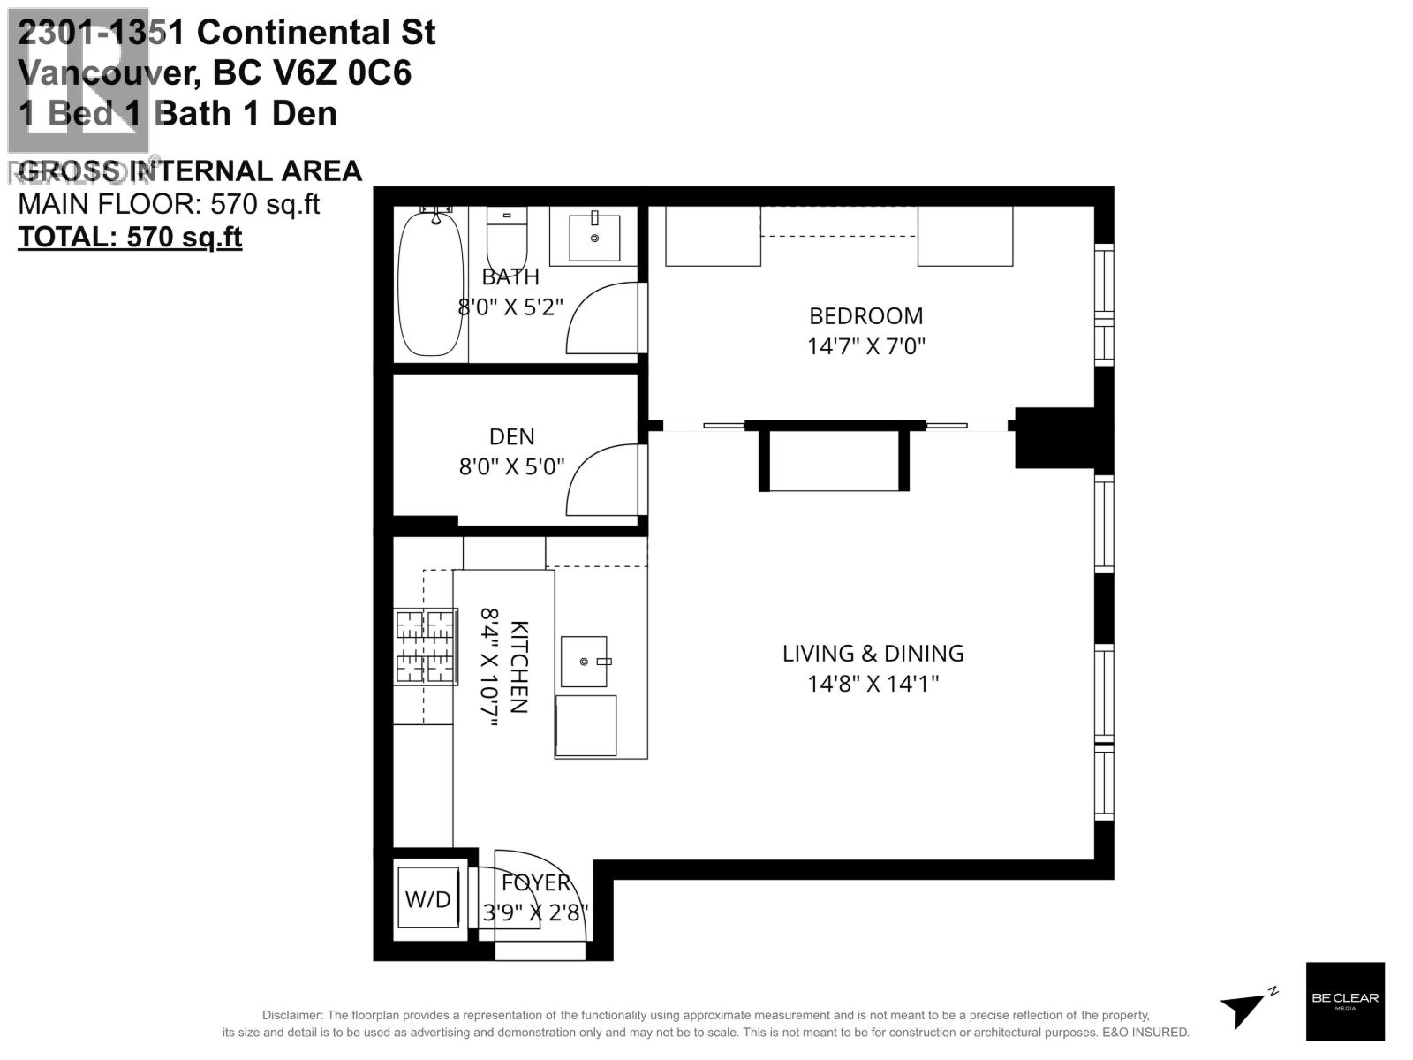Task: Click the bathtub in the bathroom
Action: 430,283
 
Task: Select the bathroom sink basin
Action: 594,236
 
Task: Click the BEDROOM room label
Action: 865,316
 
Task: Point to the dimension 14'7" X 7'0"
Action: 865,346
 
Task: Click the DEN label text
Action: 511,437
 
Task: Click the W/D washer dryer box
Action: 428,899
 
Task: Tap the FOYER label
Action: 535,883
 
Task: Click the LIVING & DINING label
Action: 873,654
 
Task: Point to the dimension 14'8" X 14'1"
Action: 873,684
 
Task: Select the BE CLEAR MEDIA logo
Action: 1344,1001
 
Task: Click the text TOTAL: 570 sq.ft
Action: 130,238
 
